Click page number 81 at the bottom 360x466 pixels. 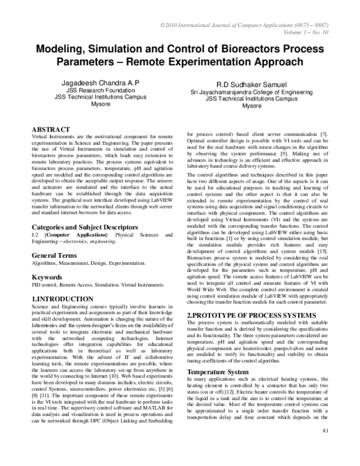click(x=343, y=448)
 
